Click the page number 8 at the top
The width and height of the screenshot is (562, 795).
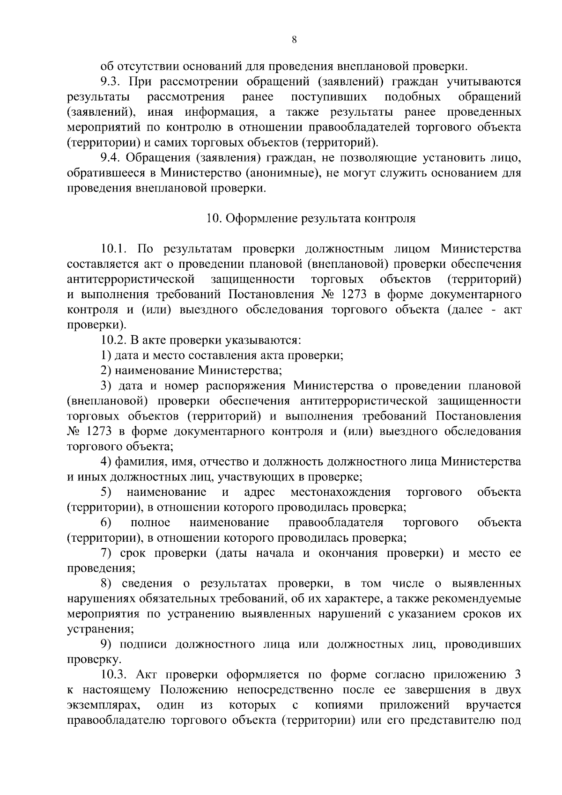click(x=294, y=40)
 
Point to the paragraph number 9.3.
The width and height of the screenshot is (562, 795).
click(x=111, y=82)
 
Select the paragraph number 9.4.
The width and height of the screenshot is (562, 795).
click(x=111, y=158)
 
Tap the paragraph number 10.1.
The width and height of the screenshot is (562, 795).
click(x=115, y=249)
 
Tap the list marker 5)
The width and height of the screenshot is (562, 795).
click(x=106, y=493)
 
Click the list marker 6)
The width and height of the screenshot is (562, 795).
click(x=106, y=523)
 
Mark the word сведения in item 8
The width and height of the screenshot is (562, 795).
click(x=145, y=584)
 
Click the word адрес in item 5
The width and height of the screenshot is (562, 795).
click(x=259, y=493)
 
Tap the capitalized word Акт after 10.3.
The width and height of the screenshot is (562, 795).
click(x=148, y=675)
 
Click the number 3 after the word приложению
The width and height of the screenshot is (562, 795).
click(x=517, y=675)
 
